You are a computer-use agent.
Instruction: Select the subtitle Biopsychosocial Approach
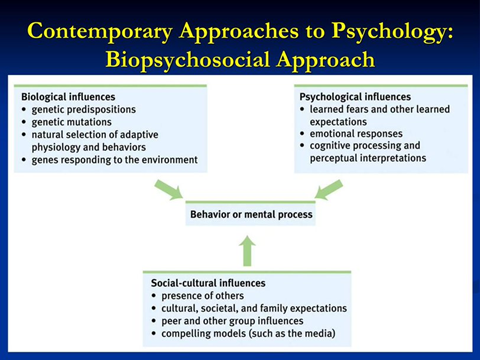tap(240, 58)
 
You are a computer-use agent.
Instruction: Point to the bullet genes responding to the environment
tap(113, 160)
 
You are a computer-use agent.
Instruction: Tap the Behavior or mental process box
tap(251, 214)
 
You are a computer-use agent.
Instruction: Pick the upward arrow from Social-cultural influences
tap(249, 249)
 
